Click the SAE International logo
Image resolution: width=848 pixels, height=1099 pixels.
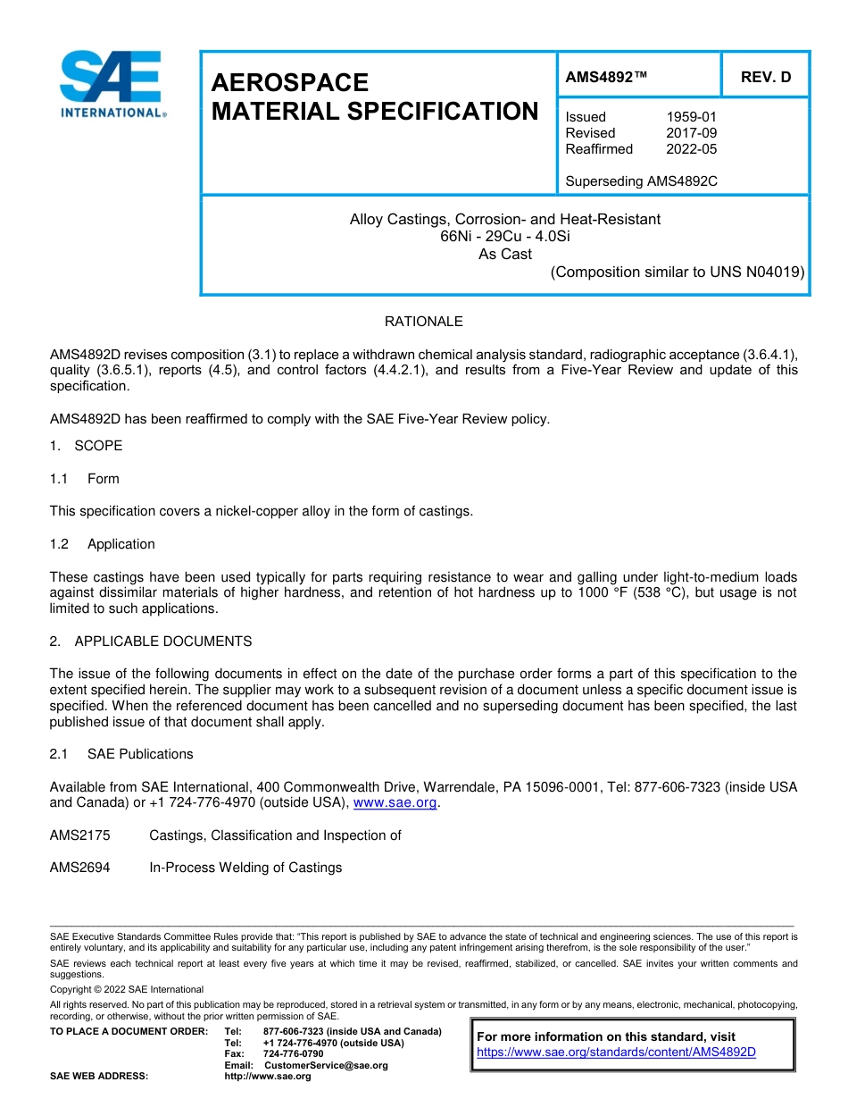(111, 84)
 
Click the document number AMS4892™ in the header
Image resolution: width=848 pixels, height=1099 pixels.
(606, 78)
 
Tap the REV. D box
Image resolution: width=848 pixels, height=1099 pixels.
(765, 78)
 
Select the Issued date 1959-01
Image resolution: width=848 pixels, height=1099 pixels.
(691, 117)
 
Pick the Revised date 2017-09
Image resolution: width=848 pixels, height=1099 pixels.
(691, 133)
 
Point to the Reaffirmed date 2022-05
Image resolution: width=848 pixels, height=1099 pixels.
(691, 149)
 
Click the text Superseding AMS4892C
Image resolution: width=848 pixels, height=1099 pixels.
(641, 181)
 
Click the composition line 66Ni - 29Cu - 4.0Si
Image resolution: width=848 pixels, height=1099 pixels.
(504, 237)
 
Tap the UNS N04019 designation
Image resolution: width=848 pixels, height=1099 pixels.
(757, 273)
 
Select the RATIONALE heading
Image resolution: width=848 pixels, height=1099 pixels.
(423, 322)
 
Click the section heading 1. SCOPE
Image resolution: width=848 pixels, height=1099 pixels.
(86, 446)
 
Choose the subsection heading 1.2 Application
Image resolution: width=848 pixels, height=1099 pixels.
(102, 544)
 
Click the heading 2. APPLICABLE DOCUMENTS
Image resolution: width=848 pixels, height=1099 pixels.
(150, 642)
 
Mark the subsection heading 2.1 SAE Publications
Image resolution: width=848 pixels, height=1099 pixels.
(121, 754)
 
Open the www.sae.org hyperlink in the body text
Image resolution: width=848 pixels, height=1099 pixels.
(395, 803)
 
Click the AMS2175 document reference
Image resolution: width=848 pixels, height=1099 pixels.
(79, 835)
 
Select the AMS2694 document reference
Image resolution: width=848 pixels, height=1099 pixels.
(79, 868)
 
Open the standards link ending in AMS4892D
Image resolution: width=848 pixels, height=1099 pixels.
(616, 1053)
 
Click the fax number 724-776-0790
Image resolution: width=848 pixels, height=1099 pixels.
(294, 1054)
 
